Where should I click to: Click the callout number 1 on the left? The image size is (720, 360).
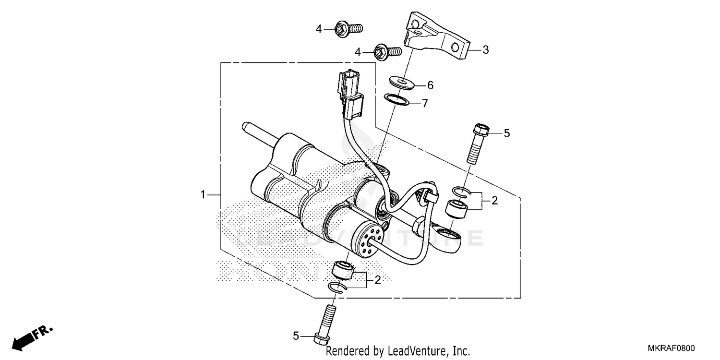[x=203, y=194]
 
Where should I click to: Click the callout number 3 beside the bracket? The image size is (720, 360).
[x=485, y=49]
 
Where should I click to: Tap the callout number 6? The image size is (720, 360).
[x=430, y=85]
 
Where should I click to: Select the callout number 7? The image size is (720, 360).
[x=424, y=103]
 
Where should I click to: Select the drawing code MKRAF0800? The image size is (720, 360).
[x=672, y=349]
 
